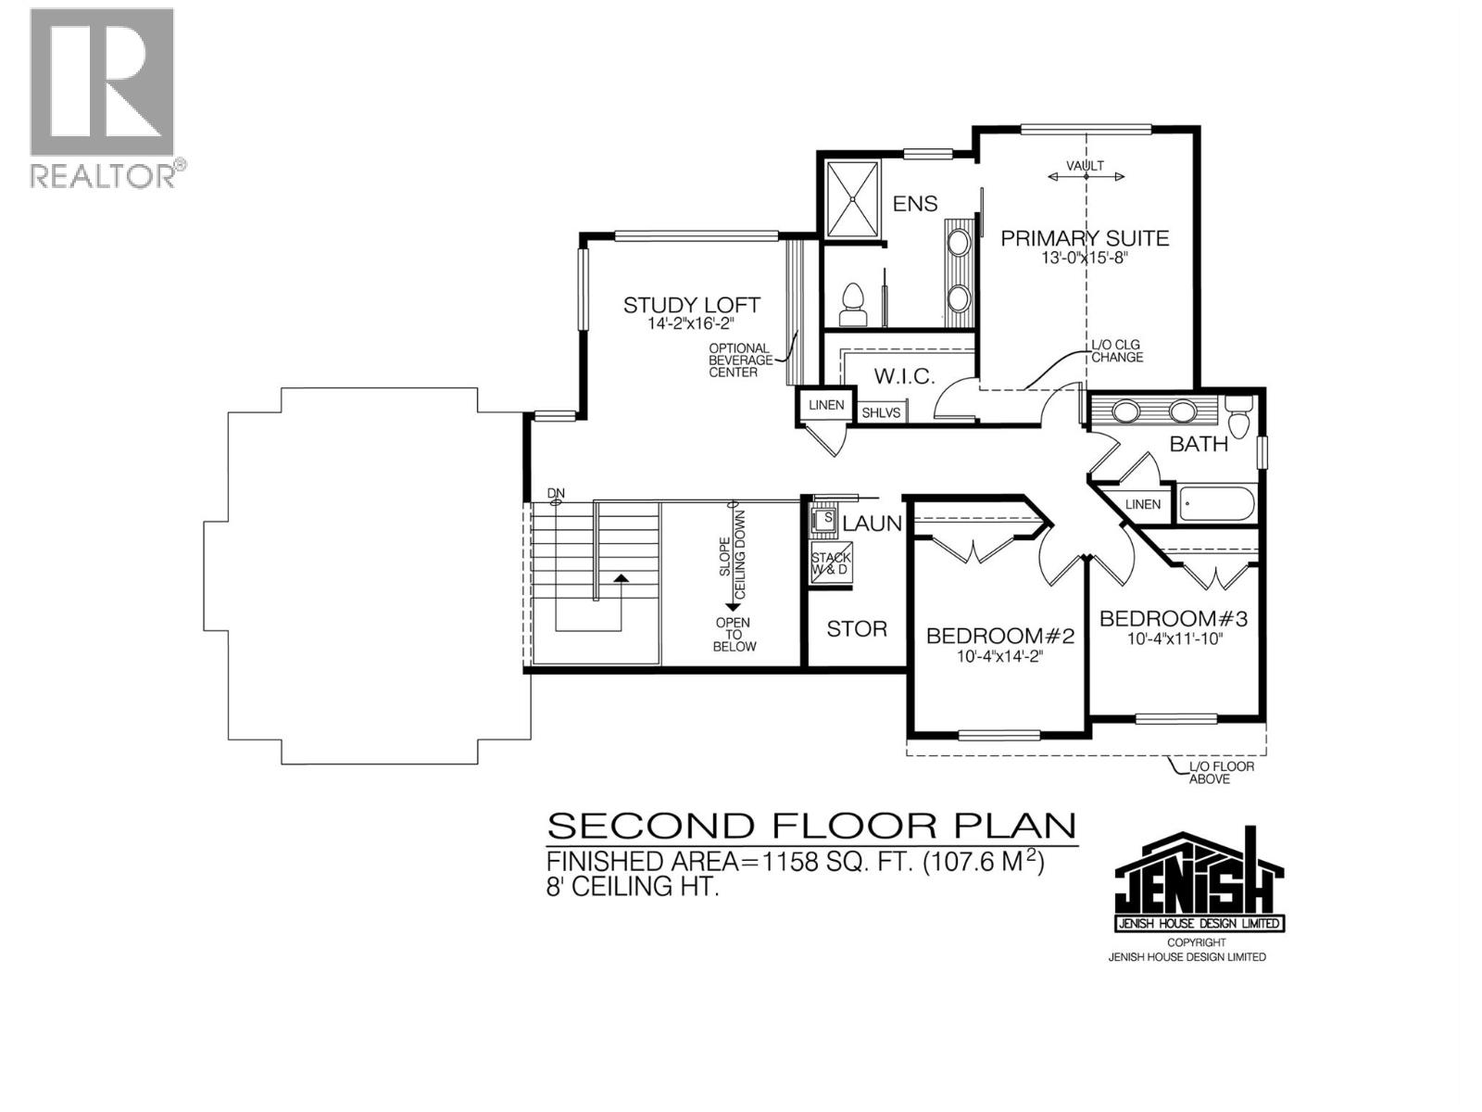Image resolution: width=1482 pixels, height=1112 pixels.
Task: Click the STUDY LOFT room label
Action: click(691, 305)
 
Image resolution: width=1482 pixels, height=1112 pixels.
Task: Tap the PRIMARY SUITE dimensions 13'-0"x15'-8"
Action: click(1085, 259)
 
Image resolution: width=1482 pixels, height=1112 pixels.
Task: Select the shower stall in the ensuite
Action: click(851, 199)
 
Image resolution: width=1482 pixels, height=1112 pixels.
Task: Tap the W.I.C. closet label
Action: click(904, 376)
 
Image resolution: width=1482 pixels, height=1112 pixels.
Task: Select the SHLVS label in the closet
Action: click(881, 412)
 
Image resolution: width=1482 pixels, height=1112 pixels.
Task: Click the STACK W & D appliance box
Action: click(831, 563)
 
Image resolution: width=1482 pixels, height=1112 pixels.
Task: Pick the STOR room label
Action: click(857, 629)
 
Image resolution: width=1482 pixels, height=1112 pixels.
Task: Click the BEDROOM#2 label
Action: click(999, 636)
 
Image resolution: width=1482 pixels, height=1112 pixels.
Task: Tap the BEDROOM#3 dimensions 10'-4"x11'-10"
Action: click(1174, 639)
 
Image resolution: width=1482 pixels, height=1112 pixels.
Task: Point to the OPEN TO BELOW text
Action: click(734, 635)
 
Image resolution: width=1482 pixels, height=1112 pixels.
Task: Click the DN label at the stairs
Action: click(556, 493)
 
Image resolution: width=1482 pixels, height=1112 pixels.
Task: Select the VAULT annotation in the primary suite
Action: click(1085, 166)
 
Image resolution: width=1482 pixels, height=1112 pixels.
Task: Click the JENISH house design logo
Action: click(1199, 880)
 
